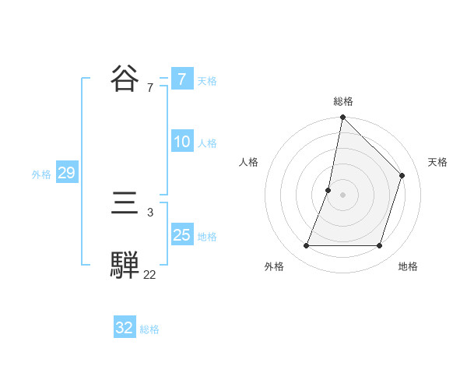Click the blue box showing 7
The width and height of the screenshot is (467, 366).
tap(181, 79)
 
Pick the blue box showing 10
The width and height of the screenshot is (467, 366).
tap(181, 142)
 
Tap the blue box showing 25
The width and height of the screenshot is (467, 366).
tap(181, 235)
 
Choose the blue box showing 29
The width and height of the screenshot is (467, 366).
tap(66, 173)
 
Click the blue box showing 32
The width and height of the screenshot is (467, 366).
tap(124, 328)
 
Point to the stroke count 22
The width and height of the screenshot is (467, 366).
tap(149, 274)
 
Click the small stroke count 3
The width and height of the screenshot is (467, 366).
tap(150, 212)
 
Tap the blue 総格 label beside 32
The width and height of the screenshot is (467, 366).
tap(149, 329)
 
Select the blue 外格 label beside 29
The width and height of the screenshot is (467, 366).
tap(41, 174)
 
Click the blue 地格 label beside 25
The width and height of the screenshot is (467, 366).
tap(207, 237)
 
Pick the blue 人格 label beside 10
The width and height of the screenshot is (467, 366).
tap(207, 143)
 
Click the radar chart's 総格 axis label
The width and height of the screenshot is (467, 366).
tap(342, 101)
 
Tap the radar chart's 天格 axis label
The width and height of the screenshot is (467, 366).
tap(437, 162)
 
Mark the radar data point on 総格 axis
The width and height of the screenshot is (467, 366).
tap(342, 118)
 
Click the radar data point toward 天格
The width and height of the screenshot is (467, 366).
tap(402, 175)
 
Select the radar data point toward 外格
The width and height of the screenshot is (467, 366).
tap(306, 246)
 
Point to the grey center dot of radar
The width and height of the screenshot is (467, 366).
tap(342, 195)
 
